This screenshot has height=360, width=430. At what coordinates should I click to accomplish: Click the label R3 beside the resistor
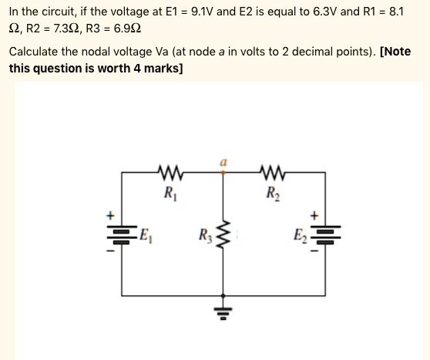point(204,234)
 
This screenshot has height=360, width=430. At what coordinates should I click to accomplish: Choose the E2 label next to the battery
point(301,234)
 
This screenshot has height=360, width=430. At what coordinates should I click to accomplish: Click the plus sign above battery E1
point(108,214)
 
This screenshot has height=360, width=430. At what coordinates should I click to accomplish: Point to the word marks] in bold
point(163,69)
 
